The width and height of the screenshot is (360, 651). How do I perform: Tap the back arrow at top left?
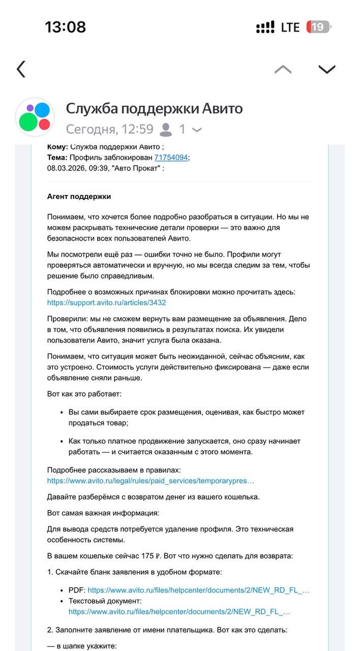click(21, 69)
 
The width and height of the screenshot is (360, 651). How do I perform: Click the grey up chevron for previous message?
click(282, 69)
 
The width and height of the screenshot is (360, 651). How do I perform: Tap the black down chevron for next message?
click(327, 69)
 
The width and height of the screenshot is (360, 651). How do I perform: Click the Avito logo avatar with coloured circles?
click(34, 117)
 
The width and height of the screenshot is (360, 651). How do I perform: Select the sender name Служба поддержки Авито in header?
click(154, 109)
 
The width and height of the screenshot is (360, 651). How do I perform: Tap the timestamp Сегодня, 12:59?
click(110, 129)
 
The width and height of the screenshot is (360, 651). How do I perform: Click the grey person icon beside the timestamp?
click(166, 130)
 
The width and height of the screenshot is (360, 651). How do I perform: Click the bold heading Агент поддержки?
click(79, 196)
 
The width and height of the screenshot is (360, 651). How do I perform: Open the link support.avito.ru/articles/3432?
click(106, 303)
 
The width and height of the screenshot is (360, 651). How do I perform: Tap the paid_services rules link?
click(151, 481)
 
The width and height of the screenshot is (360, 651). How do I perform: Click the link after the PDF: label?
click(199, 590)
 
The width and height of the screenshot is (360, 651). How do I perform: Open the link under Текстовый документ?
click(179, 612)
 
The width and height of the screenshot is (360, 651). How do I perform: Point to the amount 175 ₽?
click(152, 556)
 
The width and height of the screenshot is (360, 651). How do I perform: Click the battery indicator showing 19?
click(318, 27)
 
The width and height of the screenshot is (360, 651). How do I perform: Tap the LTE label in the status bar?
click(290, 27)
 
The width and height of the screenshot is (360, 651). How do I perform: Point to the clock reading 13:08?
click(65, 27)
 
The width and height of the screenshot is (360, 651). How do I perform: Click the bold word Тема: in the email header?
click(57, 157)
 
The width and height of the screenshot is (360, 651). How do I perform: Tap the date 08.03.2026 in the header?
click(66, 168)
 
